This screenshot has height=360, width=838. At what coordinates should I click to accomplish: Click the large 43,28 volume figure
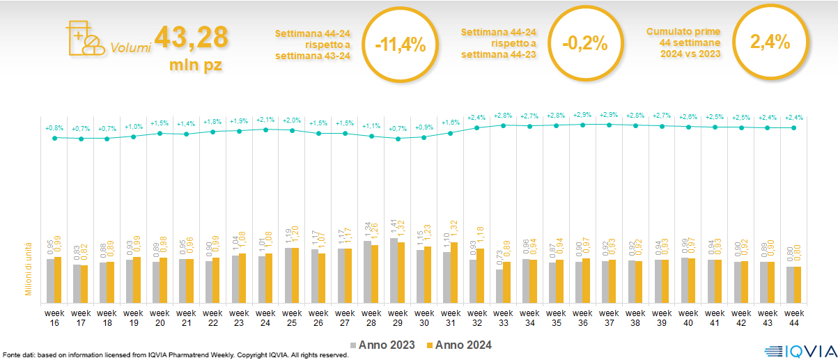tap(191, 37)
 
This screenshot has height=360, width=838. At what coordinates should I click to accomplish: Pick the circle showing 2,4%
tap(770, 42)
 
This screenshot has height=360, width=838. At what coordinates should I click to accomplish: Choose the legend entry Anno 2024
tap(459, 345)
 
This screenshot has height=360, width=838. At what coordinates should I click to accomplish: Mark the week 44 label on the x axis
tap(793, 318)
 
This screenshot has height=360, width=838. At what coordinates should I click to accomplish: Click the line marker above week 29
tap(398, 139)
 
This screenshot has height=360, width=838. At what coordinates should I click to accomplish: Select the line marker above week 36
tap(583, 124)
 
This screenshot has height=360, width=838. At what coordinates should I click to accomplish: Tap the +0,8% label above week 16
tap(54, 128)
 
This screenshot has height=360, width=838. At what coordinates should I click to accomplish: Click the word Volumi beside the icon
tap(130, 48)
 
